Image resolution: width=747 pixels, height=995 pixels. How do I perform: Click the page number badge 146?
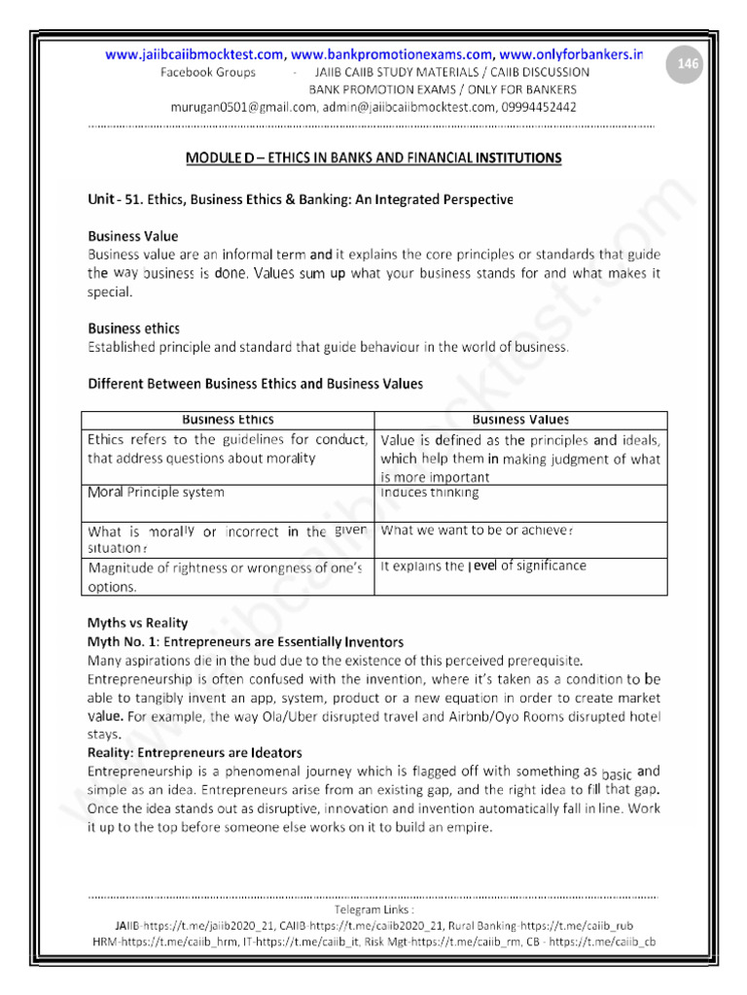click(688, 64)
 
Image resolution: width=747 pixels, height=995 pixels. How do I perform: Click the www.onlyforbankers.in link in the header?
click(573, 55)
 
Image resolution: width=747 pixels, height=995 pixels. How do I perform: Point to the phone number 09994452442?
click(531, 107)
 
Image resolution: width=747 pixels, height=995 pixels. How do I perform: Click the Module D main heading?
click(373, 157)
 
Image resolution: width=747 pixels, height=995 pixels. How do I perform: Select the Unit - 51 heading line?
click(300, 200)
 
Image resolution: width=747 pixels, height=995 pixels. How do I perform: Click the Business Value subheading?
click(133, 236)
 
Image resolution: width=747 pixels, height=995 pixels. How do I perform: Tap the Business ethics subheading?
click(133, 328)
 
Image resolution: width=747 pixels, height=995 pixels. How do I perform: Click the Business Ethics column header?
click(228, 420)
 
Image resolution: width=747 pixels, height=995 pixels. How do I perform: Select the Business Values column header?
click(520, 420)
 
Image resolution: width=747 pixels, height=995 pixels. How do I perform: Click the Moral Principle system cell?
click(156, 493)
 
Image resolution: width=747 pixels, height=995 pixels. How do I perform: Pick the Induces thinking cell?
click(430, 493)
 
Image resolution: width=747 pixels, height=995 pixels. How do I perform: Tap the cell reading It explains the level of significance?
click(483, 566)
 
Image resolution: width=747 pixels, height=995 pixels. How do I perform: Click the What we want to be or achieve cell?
click(477, 531)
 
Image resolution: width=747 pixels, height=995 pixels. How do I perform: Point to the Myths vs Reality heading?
click(138, 623)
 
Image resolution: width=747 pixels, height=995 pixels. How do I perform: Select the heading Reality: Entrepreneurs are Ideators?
click(195, 753)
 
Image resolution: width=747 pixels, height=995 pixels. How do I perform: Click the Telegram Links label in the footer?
click(373, 910)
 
